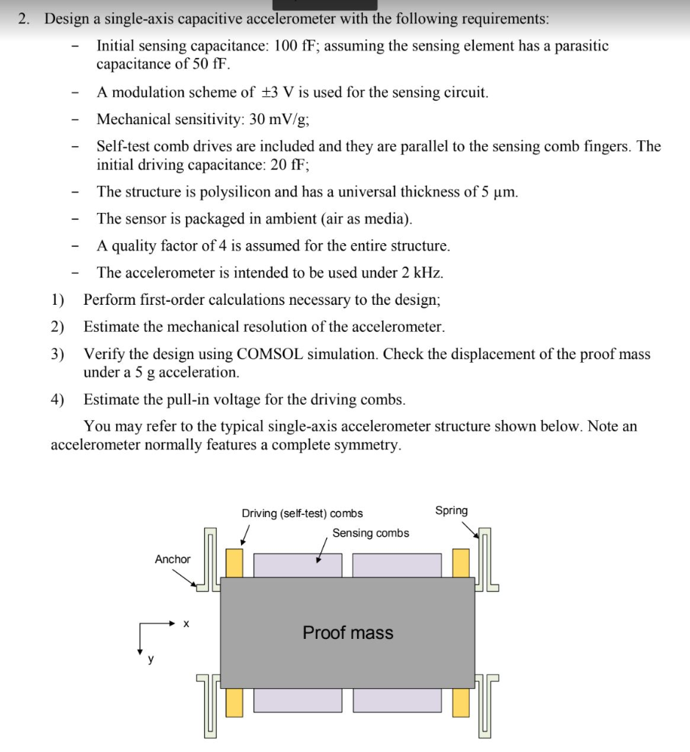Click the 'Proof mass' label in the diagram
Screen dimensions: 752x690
point(348,632)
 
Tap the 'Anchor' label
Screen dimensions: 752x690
point(173,560)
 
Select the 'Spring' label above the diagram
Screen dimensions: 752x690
point(451,510)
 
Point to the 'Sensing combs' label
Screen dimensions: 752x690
point(370,533)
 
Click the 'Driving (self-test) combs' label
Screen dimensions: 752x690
point(302,513)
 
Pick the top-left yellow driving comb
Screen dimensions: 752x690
point(234,563)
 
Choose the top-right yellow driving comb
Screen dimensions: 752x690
point(461,563)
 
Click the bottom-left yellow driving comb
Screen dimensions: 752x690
point(234,702)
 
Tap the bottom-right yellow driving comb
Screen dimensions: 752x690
point(461,702)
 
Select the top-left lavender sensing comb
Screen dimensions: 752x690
point(298,565)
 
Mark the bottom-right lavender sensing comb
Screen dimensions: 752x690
point(397,700)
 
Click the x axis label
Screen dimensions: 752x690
point(186,624)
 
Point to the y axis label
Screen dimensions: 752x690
point(151,659)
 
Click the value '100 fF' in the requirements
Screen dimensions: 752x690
point(296,46)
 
